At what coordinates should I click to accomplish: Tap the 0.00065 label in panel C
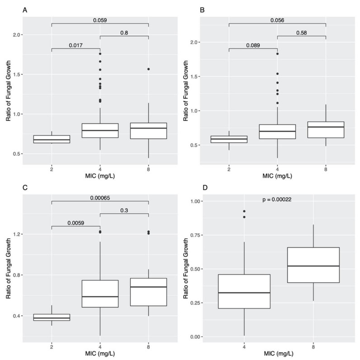99,197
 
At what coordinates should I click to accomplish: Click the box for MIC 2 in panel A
52,139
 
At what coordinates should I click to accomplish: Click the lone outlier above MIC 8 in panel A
148,69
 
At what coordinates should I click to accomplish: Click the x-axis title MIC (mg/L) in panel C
99,354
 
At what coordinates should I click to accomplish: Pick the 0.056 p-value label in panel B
277,19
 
